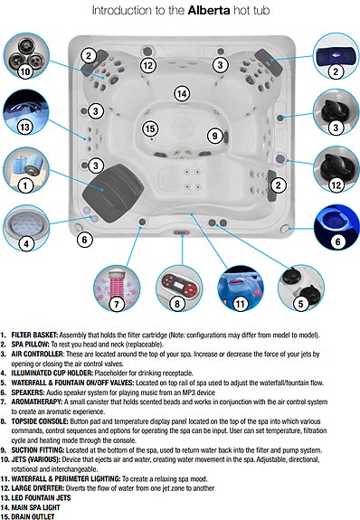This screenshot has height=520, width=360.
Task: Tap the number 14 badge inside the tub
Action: click(182, 93)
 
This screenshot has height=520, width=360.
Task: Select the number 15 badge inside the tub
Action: click(150, 129)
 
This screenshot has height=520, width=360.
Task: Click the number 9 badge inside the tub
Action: click(214, 136)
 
